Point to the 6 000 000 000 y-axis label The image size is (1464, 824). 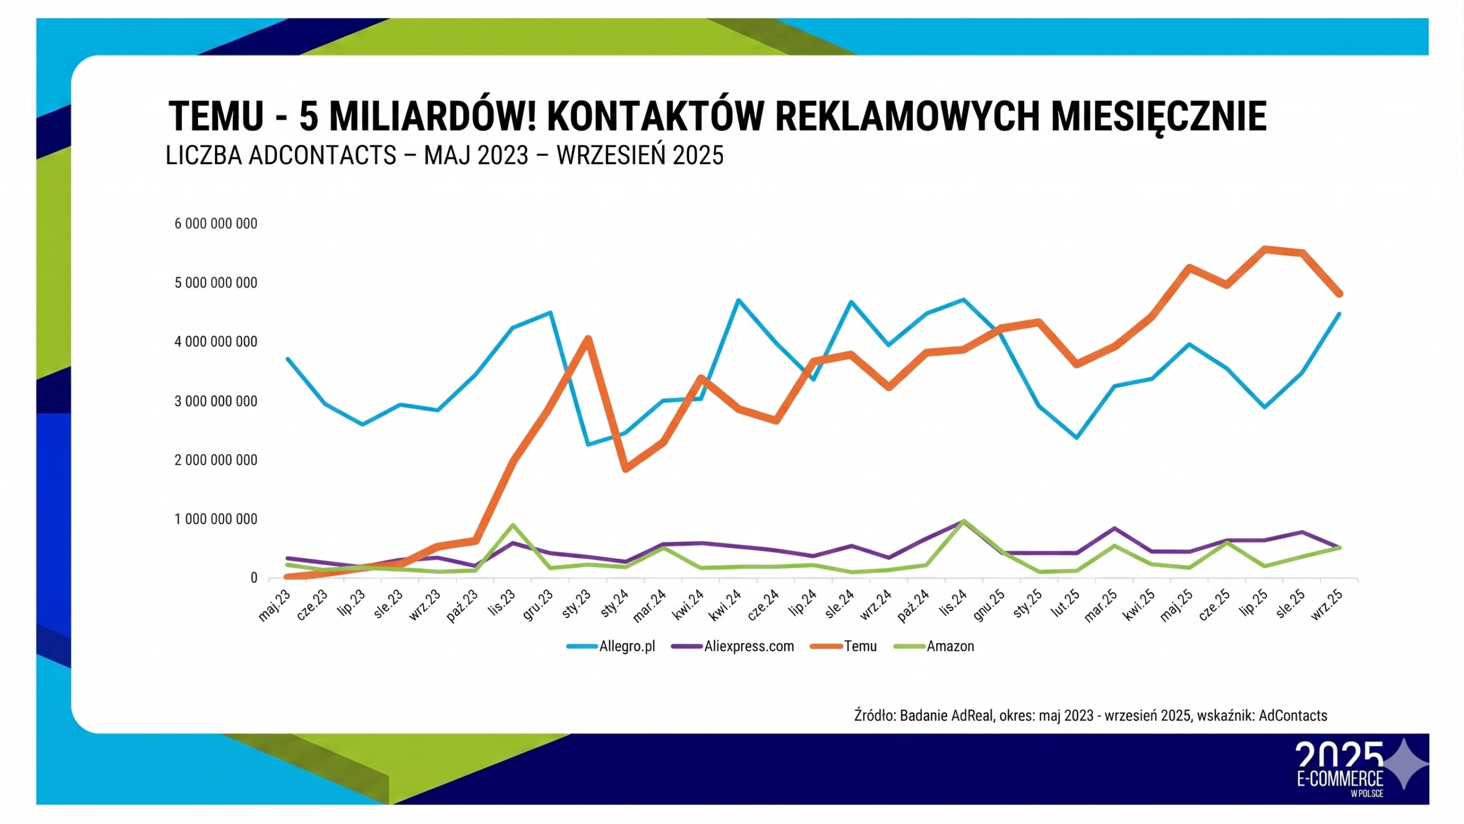pyautogui.click(x=216, y=224)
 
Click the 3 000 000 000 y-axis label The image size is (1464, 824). pyautogui.click(x=216, y=402)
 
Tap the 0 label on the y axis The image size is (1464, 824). pyautogui.click(x=254, y=579)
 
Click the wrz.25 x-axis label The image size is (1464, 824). pyautogui.click(x=1327, y=606)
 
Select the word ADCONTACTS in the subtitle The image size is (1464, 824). pyautogui.click(x=323, y=156)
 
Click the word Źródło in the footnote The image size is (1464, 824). pyautogui.click(x=874, y=716)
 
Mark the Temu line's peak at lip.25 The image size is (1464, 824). pyautogui.click(x=1264, y=249)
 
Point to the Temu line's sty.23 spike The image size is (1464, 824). pyautogui.click(x=587, y=339)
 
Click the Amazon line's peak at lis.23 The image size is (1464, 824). pyautogui.click(x=513, y=525)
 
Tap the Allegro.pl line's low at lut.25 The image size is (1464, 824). pyautogui.click(x=1077, y=438)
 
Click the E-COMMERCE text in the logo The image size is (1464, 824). pyautogui.click(x=1339, y=779)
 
